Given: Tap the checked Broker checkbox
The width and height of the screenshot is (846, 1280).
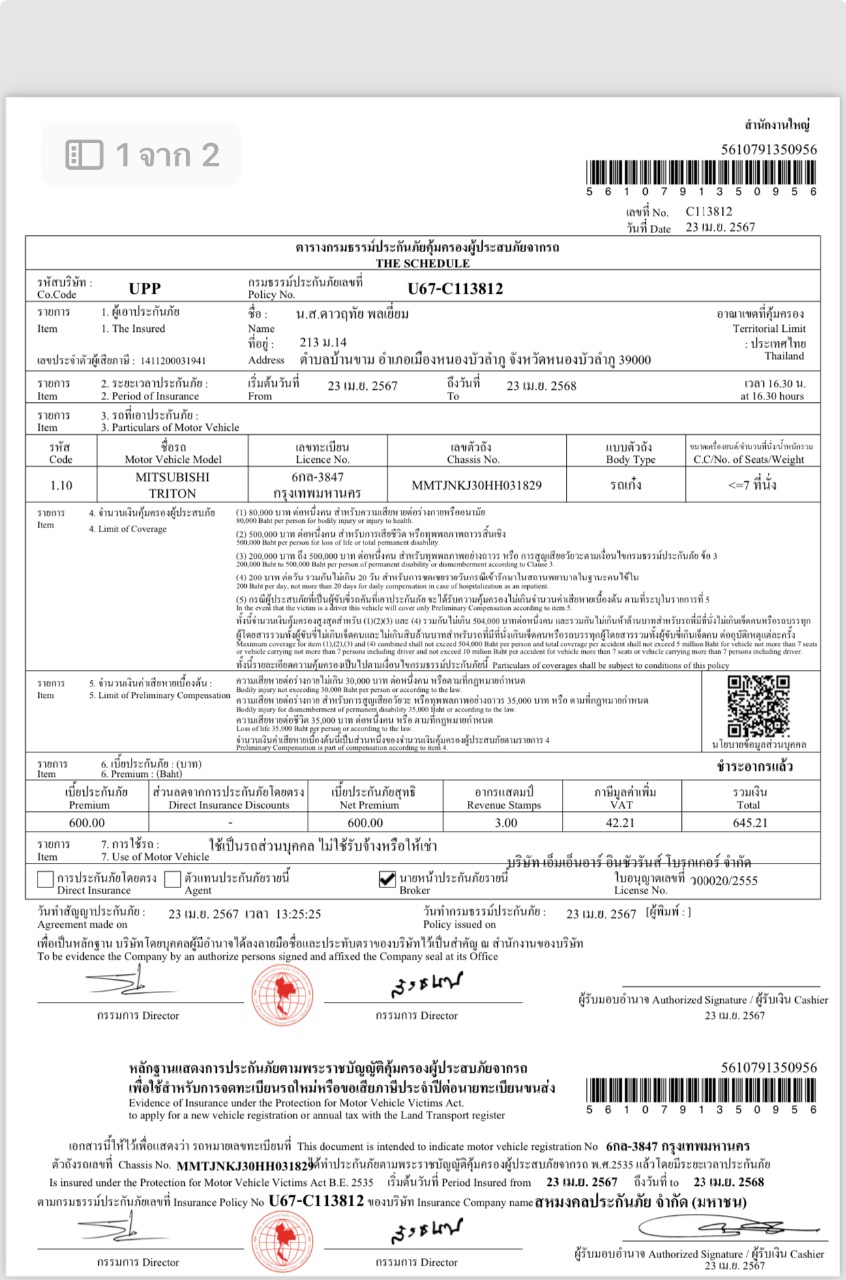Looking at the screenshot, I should [388, 880].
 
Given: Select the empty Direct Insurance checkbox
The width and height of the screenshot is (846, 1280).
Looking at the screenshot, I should [44, 880].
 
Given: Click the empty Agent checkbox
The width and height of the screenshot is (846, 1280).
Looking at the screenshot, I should [172, 880].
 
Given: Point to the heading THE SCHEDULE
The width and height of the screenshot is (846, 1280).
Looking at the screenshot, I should [422, 263].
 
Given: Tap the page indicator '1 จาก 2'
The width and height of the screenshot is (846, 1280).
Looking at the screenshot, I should [142, 154].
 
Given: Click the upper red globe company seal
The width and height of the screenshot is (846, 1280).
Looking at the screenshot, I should [282, 975].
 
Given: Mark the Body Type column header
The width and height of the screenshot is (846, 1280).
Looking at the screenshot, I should [630, 453].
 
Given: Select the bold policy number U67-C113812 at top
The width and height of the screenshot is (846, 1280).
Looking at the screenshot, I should [455, 289].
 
